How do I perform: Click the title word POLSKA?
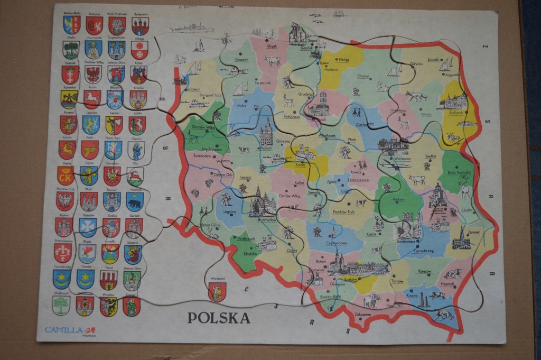click(x=218, y=318)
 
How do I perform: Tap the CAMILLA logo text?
click(x=64, y=330)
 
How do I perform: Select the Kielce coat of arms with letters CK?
click(x=65, y=176)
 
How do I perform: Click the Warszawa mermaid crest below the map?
click(x=217, y=291)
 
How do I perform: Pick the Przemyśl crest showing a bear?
click(x=135, y=201)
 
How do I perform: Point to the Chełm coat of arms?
click(x=71, y=50)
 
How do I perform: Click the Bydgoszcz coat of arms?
click(x=140, y=25)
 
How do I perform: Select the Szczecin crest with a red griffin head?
click(x=133, y=254)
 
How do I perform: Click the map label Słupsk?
click(x=272, y=47)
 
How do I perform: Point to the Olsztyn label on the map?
click(x=363, y=76)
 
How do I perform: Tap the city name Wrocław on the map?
click(x=268, y=219)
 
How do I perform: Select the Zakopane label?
click(x=362, y=315)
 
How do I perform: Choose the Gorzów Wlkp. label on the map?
click(x=202, y=128)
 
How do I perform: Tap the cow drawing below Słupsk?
click(x=273, y=61)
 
